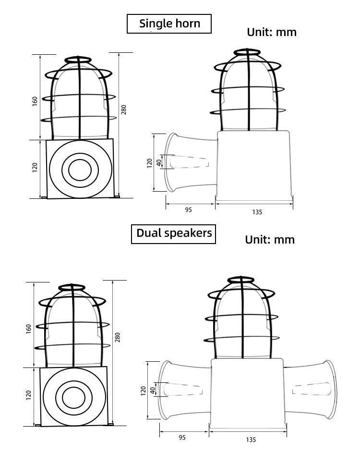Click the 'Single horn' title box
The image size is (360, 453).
point(169,24)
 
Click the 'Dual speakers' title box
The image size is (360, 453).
point(173,234)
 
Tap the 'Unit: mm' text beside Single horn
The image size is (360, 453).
point(272,32)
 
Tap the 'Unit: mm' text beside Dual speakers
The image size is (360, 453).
point(270,240)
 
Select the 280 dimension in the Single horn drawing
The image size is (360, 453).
point(123,110)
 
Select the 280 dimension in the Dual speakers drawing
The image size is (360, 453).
point(118,337)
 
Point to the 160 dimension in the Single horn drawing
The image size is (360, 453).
point(35,101)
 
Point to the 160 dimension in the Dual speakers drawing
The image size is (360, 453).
point(28,329)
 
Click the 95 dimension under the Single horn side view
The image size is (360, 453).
point(188,210)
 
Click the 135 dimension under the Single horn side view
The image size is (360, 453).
point(257,212)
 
